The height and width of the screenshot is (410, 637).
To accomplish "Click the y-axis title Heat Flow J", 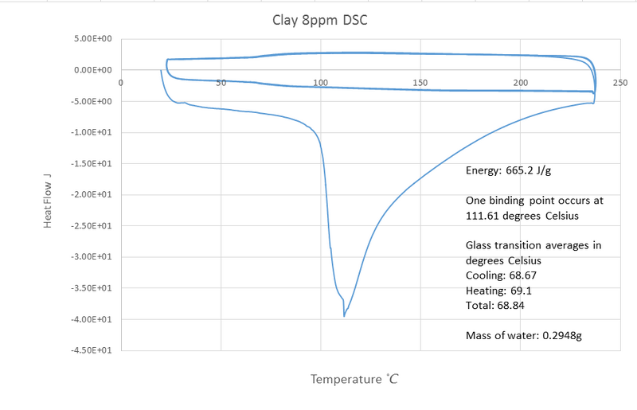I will click(49, 194).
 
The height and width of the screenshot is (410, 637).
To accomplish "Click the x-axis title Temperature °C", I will click(354, 379).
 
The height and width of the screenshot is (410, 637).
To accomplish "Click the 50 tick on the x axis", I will click(221, 82).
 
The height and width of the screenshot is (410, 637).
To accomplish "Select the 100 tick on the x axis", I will click(321, 82).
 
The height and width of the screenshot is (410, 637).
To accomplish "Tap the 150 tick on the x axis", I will click(420, 82).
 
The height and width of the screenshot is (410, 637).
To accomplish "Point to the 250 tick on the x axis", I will click(620, 82).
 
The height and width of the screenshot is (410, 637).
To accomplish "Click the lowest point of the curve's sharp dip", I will click(344, 316).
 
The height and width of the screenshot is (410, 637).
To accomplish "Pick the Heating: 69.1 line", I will click(497, 290).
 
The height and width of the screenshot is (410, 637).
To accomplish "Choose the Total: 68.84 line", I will click(494, 305).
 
